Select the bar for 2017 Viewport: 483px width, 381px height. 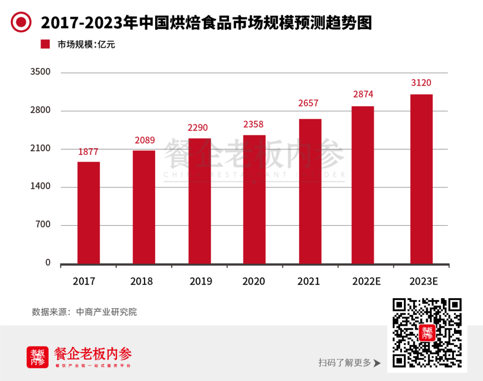tap(89, 213)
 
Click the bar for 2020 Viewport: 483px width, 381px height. tap(254, 199)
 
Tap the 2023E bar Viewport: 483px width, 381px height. tap(421, 179)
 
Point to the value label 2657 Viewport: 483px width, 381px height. tap(308, 103)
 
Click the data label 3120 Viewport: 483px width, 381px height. tap(421, 83)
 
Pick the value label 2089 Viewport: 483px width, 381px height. tap(144, 140)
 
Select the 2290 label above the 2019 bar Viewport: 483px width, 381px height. tap(198, 128)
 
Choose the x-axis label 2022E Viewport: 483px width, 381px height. tap(366, 282)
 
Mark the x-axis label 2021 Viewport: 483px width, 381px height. tap(309, 282)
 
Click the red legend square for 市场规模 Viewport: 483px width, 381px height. tap(45, 45)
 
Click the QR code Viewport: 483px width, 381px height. tap(427, 333)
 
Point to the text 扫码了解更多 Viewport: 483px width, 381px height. tap(345, 363)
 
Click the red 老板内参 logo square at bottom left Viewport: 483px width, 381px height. tap(38, 357)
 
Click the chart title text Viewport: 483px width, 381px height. tap(206, 22)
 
